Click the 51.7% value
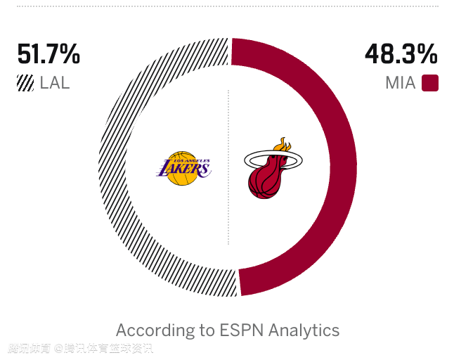click(48, 54)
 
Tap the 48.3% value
click(401, 54)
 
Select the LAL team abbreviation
click(54, 83)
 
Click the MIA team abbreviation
click(400, 83)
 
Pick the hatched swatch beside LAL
click(25, 83)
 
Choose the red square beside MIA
click(430, 83)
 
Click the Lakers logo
click(183, 168)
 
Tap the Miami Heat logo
click(273, 169)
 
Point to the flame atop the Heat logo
click(283, 144)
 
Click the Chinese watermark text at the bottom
click(80, 348)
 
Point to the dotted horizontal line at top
click(227, 6)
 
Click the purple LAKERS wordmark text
click(184, 169)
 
